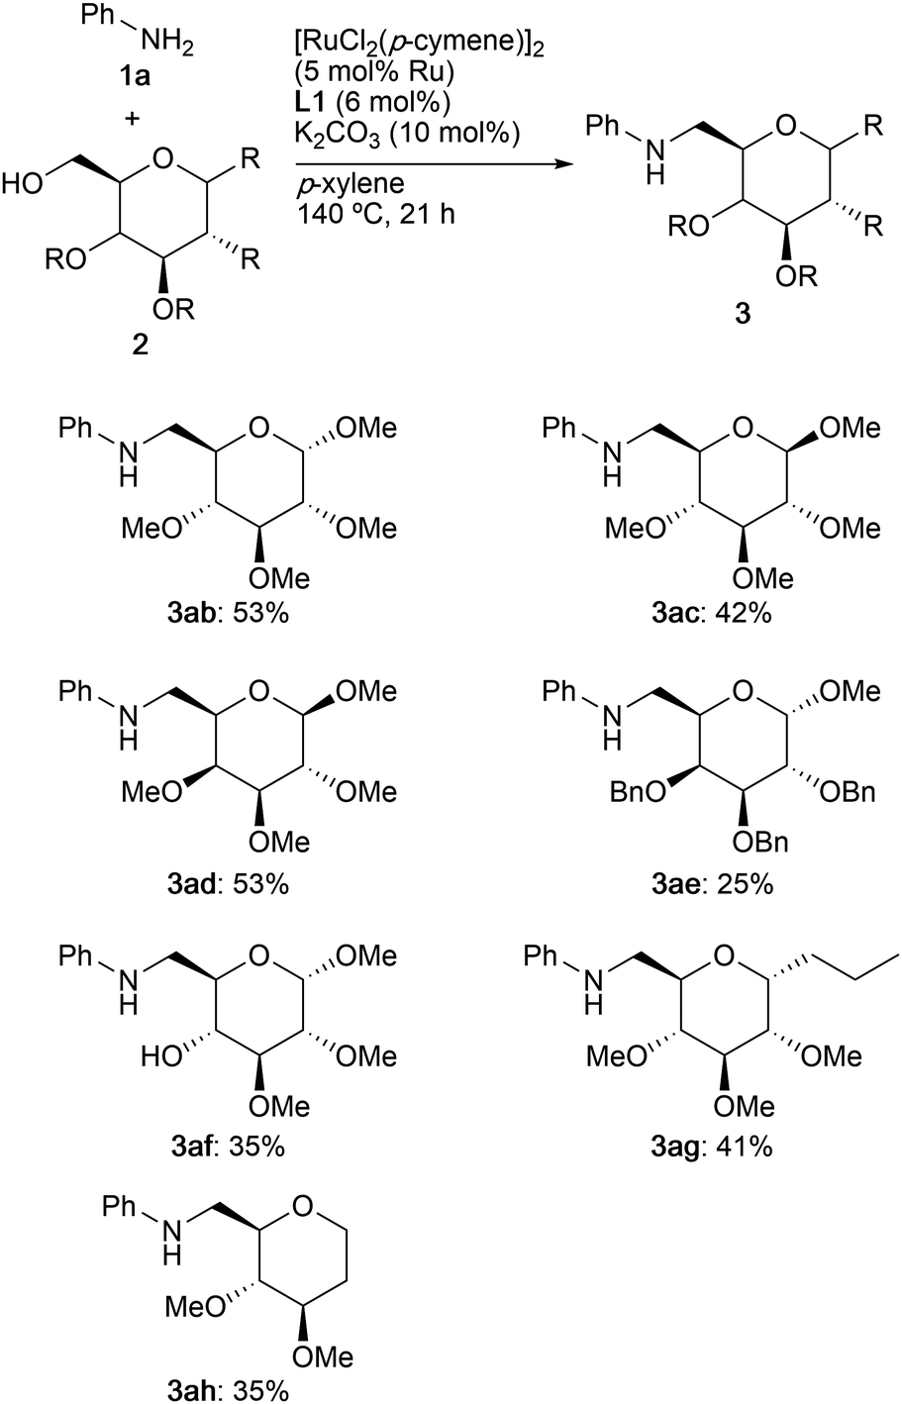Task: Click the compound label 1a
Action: (136, 77)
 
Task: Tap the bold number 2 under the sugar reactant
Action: (140, 345)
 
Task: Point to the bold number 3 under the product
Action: (743, 314)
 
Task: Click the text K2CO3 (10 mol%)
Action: (407, 135)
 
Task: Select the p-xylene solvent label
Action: (350, 185)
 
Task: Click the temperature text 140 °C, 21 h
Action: (375, 214)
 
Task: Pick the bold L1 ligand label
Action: (312, 102)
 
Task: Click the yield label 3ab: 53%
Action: (228, 614)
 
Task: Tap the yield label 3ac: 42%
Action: (712, 614)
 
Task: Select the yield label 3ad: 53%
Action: (228, 883)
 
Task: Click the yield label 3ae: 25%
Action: (712, 883)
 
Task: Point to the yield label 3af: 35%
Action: (228, 1147)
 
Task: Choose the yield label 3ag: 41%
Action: (712, 1147)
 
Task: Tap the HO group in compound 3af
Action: (160, 1056)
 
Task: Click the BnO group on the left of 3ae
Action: (638, 793)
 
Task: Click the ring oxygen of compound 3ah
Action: (303, 1206)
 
